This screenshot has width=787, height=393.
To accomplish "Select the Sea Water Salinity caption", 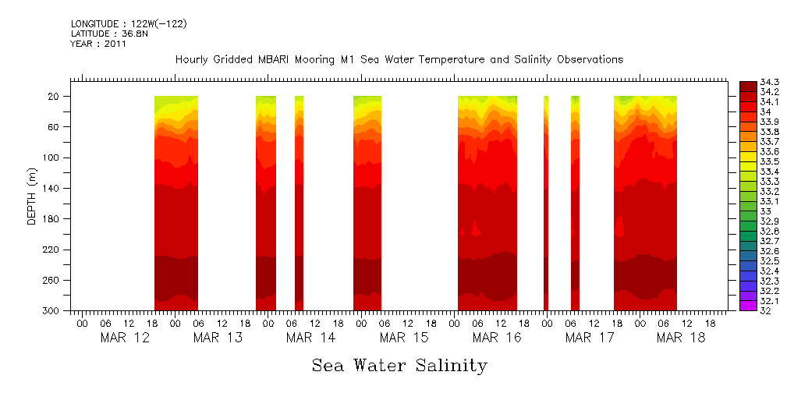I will click(399, 366).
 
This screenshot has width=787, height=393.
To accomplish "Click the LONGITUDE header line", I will click(129, 24).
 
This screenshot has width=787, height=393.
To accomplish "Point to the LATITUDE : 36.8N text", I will click(109, 34).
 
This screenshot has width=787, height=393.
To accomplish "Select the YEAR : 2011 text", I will click(98, 44).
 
